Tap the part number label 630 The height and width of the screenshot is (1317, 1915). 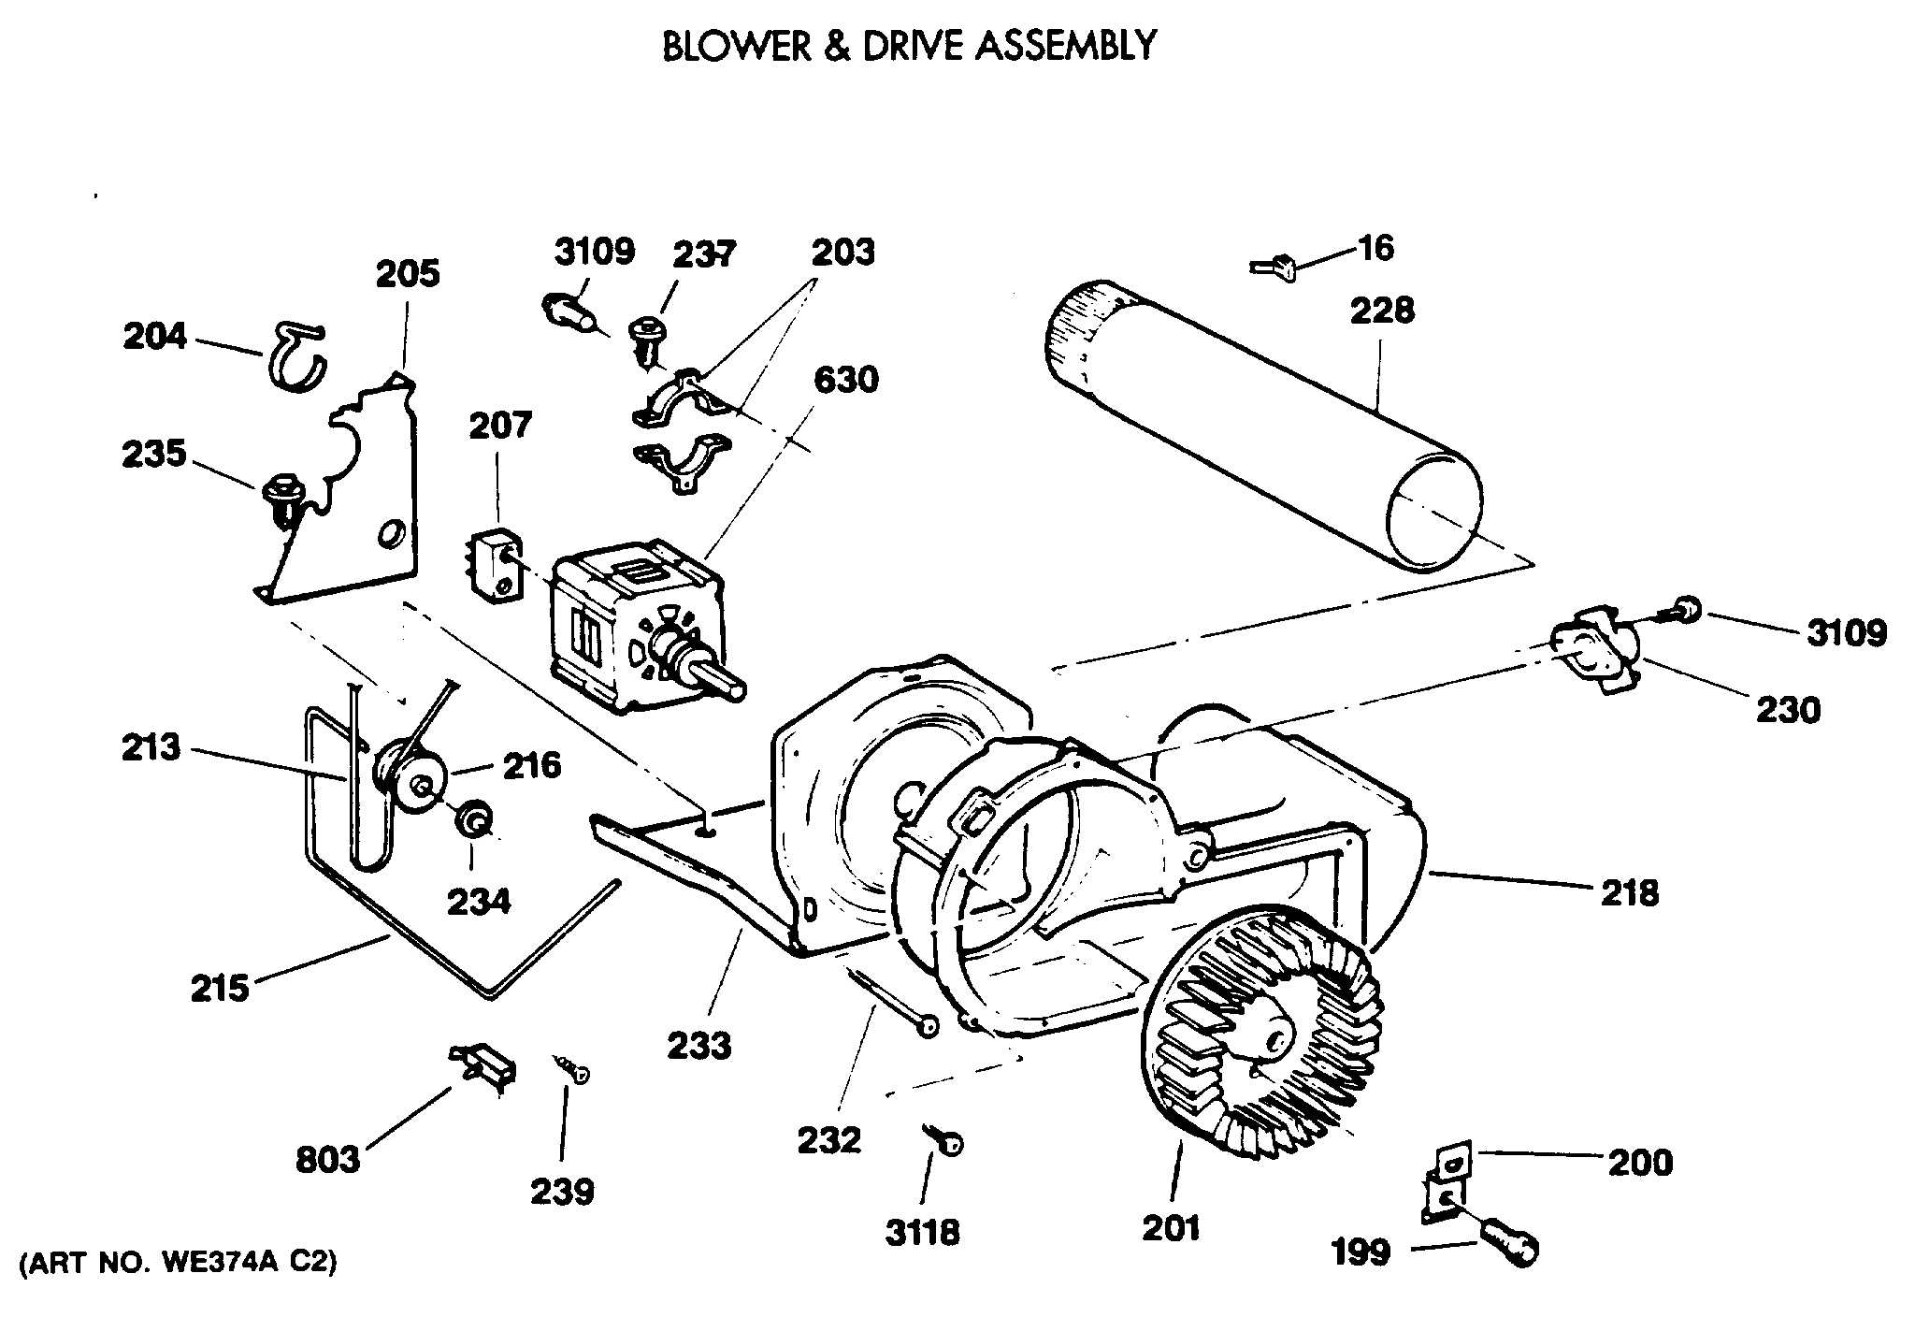845,380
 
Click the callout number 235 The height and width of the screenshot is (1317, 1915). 153,455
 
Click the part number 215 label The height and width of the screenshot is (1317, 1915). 220,988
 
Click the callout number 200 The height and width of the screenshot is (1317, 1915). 1640,1163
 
